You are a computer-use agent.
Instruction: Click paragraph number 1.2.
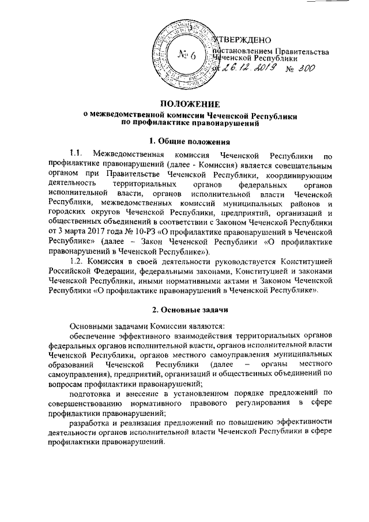[x=78, y=264]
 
